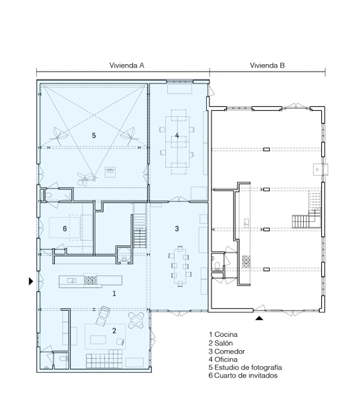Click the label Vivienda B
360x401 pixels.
268,65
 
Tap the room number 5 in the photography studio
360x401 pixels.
94,135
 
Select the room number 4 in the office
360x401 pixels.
177,136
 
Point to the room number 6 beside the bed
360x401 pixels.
64,229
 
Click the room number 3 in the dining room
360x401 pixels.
177,229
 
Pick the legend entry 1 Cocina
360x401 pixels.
223,334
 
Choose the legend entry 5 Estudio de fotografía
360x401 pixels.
245,368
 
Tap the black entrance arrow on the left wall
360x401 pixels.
30,282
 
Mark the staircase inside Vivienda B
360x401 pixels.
305,219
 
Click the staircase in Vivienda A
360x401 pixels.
140,235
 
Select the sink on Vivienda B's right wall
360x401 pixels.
317,169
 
